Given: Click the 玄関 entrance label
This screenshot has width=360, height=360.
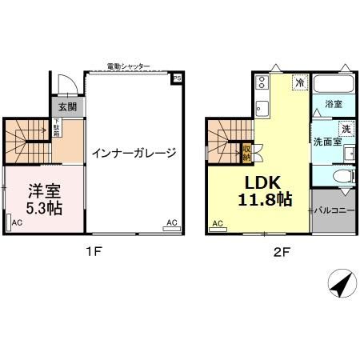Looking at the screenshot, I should (x=66, y=107).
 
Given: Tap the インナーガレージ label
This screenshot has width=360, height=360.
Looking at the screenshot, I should (x=133, y=153).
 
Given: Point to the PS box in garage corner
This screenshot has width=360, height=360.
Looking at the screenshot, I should (x=177, y=78).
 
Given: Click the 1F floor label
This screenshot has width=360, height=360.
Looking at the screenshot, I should (x=94, y=250).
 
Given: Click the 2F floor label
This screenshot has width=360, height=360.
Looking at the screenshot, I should (x=281, y=250).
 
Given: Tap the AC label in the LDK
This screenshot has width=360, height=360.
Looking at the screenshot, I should (x=217, y=223).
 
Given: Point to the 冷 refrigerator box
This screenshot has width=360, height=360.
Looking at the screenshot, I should (x=299, y=82).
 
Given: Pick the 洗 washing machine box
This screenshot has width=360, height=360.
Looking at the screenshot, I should (x=346, y=129).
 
